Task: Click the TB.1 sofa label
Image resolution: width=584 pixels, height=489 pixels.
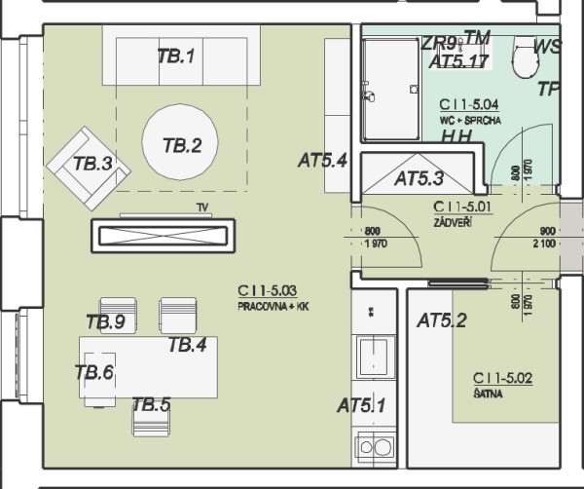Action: [176, 56]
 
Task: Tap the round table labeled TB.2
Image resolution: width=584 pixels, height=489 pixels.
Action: [182, 146]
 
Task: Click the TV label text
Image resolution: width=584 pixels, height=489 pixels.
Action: [202, 207]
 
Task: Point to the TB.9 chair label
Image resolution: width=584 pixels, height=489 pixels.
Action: [105, 322]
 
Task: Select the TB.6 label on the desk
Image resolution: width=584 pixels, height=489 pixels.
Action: [94, 370]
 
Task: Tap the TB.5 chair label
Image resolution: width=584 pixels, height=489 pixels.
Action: [151, 404]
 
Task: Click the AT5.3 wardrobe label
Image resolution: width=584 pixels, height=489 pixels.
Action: [419, 178]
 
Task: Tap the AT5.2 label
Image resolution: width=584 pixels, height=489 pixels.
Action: [442, 320]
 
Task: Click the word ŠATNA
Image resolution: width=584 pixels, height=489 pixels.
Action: [488, 393]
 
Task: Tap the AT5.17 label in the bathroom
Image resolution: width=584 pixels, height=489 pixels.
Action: [457, 60]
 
